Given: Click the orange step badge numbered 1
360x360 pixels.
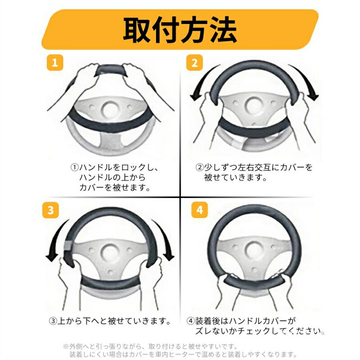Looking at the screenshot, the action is [55, 63].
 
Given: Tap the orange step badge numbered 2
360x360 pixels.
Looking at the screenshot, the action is [194, 63].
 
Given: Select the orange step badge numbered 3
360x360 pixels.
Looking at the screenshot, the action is [50, 210].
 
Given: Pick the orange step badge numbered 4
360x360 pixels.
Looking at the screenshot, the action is [199, 210].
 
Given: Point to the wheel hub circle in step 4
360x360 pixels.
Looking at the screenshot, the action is [254, 249].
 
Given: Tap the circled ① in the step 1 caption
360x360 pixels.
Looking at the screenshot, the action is [74, 167].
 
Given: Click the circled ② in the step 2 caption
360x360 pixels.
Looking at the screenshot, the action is [199, 167].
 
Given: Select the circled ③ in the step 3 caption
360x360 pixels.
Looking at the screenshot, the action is [53, 321].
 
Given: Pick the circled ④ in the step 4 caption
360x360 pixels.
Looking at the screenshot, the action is [191, 321].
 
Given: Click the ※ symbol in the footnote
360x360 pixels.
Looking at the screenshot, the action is [66, 346].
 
